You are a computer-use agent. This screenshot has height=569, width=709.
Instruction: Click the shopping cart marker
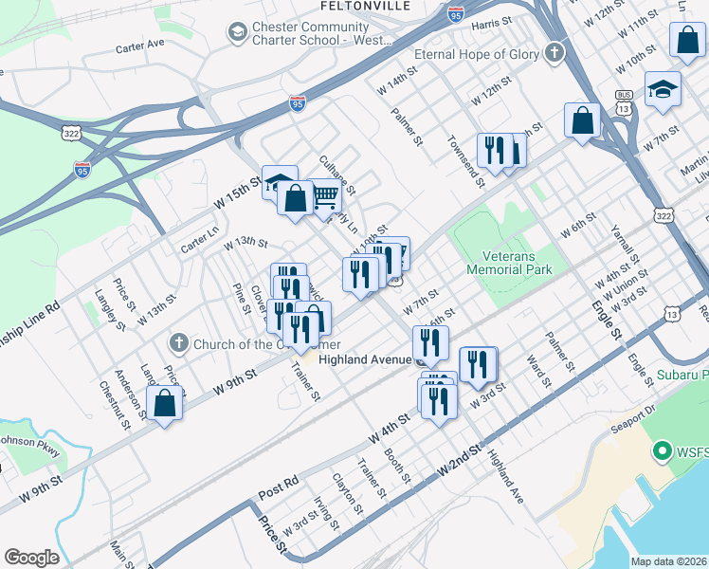pyautogui.click(x=325, y=197)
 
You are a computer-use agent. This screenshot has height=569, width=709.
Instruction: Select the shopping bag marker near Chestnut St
pyautogui.click(x=165, y=402)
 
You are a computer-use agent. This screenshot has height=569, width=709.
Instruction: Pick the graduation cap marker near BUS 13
pyautogui.click(x=663, y=90)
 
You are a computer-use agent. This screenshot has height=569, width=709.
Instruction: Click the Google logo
pyautogui.click(x=31, y=558)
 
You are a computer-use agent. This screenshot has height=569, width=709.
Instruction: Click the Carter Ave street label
pyautogui.click(x=140, y=45)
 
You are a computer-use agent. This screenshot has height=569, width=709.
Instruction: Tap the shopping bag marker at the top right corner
pyautogui.click(x=687, y=41)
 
